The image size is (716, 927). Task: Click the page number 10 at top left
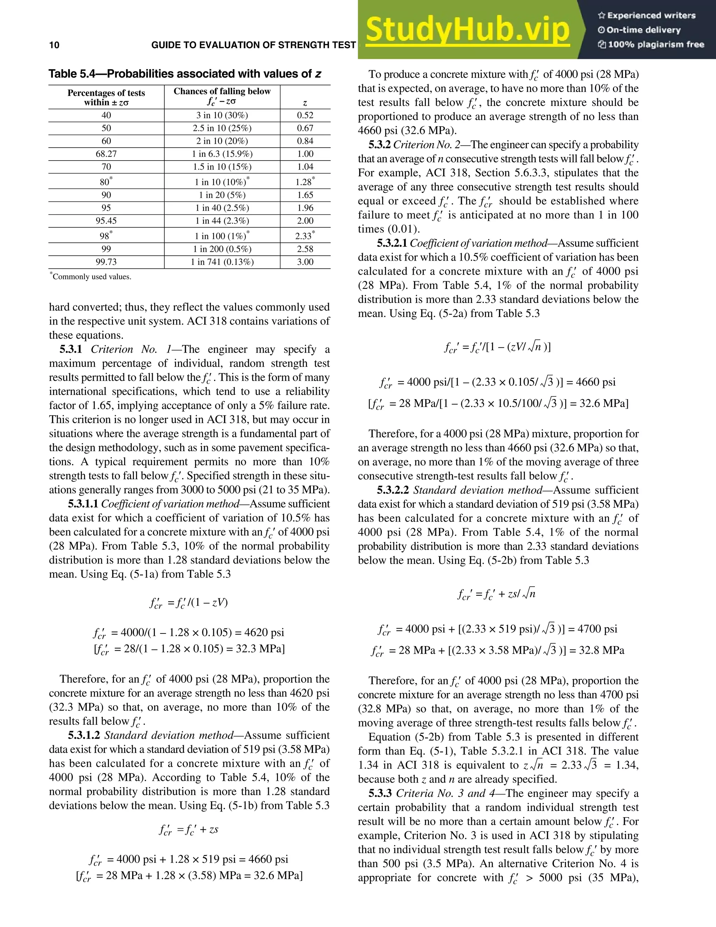click(54, 45)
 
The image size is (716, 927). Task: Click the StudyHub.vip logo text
click(467, 30)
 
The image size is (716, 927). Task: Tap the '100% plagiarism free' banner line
click(651, 44)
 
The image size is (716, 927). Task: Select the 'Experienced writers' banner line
click(647, 16)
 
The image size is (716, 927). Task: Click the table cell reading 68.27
click(106, 154)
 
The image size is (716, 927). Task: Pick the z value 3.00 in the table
click(305, 262)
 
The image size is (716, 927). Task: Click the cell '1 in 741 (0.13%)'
click(222, 262)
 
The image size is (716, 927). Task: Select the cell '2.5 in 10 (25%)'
click(222, 128)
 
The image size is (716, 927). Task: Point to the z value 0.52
click(305, 115)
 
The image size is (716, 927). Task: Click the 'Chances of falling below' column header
click(222, 91)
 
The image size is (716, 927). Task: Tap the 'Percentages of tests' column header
click(106, 93)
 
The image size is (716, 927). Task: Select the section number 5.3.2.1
click(392, 243)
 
